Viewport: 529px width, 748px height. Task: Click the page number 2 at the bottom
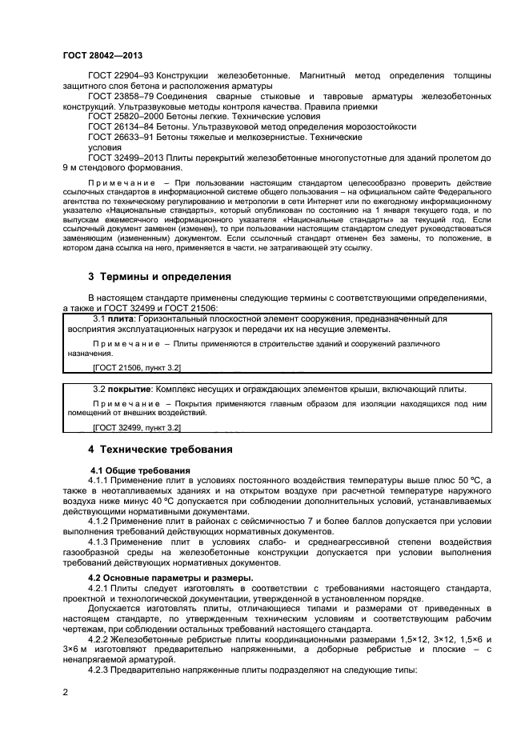(x=65, y=695)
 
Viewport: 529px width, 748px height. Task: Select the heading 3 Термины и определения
(x=159, y=277)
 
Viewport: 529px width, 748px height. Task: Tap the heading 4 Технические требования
(x=160, y=450)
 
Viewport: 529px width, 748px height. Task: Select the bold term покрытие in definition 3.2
(x=130, y=389)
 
